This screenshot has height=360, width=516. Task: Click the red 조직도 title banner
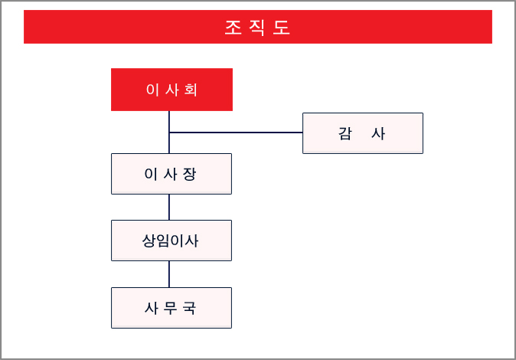point(258,27)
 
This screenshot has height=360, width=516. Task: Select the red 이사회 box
point(171,90)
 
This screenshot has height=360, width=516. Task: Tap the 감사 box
point(363,133)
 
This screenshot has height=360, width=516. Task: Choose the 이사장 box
point(171,174)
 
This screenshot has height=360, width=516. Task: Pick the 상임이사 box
point(171,241)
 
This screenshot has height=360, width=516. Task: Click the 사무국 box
point(171,308)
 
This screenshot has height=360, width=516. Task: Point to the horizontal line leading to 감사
point(236,133)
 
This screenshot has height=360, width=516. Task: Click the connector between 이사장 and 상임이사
point(169,207)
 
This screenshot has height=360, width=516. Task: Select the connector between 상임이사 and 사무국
point(169,274)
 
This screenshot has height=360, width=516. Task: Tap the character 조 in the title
point(234,28)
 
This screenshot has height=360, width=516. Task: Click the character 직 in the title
point(257,28)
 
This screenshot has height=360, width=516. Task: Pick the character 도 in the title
point(282,28)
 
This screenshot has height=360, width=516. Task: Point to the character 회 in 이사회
point(191,90)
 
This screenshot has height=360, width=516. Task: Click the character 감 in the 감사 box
point(345,134)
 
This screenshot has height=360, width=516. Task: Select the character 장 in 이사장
point(190,174)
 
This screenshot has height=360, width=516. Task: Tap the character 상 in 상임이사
point(149,241)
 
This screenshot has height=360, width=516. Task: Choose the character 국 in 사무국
point(190,308)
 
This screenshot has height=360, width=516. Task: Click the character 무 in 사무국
point(171,308)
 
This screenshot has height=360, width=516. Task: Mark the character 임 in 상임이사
point(163,241)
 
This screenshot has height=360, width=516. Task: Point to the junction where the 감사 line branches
point(169,133)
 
